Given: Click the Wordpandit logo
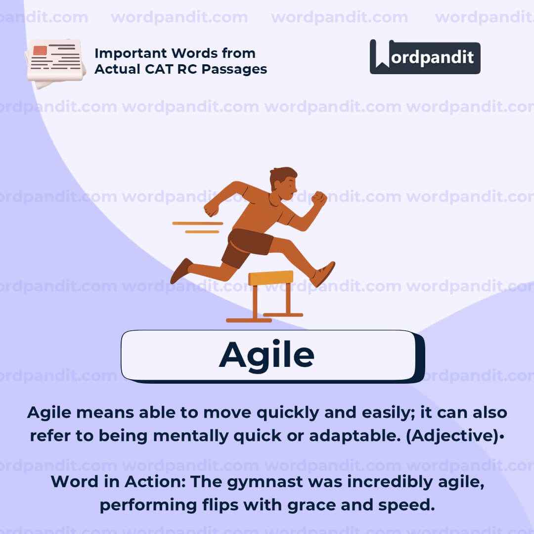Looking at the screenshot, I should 425,57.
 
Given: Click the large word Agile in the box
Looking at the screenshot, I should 267,355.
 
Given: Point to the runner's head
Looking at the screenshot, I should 284,182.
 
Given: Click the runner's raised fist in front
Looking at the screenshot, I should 319,199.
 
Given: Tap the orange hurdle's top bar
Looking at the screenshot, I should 270,278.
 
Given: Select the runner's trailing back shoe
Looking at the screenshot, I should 181,271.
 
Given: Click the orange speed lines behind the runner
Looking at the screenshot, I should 198,227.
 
